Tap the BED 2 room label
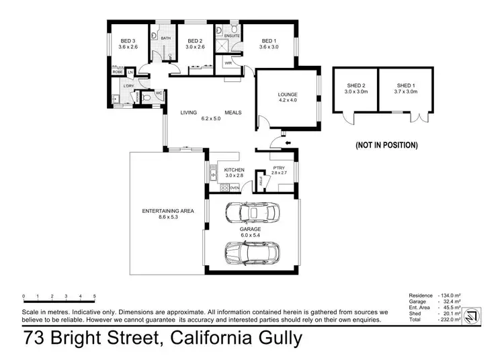tap(196, 40)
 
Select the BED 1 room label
tap(269, 40)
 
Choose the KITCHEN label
tap(234, 170)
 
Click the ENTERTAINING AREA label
tap(167, 212)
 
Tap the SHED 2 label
tap(355, 85)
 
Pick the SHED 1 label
tap(405, 85)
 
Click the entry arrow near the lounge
tap(289, 142)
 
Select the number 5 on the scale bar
tap(95, 296)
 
